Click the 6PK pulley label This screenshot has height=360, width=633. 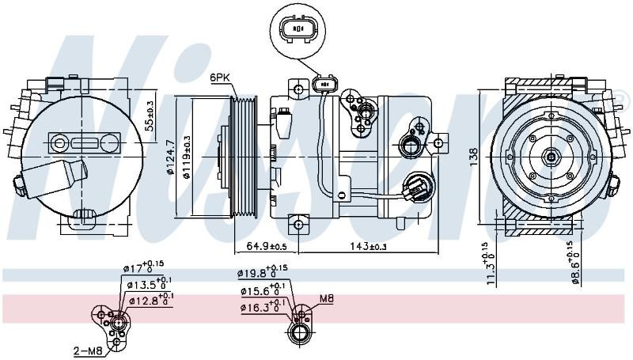pos(220,78)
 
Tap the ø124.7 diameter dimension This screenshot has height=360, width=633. pos(169,157)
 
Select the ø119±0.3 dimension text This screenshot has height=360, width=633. pos(186,157)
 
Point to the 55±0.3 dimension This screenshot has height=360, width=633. pos(150,116)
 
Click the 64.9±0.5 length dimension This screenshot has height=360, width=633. pos(266,246)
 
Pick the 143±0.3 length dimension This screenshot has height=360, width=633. pos(367,246)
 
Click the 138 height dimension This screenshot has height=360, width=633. pos(473,156)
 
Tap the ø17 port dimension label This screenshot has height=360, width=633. pos(143,267)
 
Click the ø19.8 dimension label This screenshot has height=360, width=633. pos(263,272)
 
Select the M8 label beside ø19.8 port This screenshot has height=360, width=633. pos(327,298)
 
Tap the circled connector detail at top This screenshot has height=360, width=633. pos(298,29)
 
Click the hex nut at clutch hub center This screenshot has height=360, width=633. pos(550,156)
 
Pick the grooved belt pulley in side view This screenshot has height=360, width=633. pos(244,157)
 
